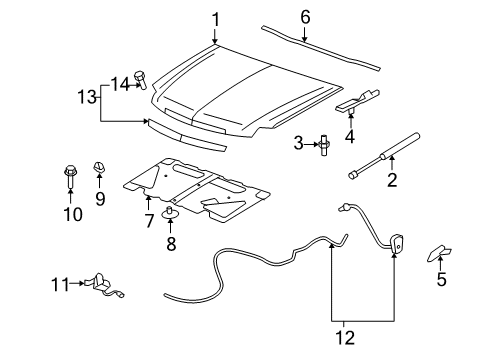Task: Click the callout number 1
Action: (215, 18)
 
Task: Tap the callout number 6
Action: (305, 17)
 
